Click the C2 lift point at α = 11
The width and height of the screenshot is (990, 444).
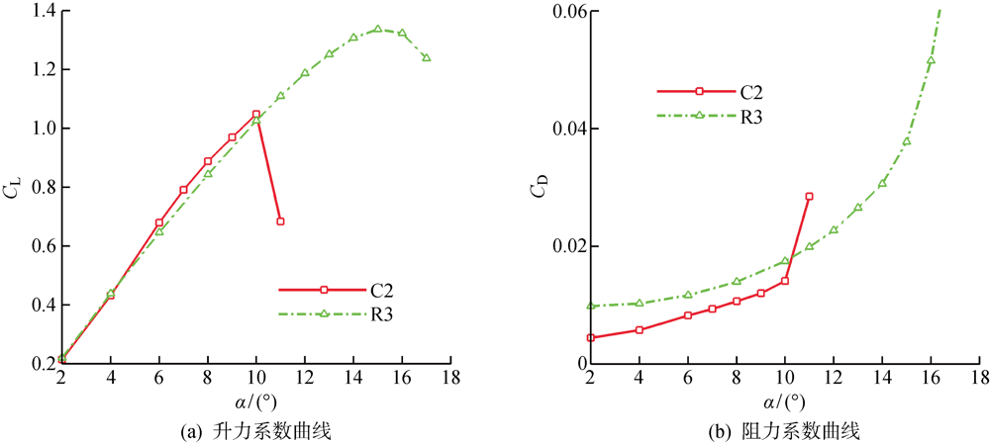(x=280, y=222)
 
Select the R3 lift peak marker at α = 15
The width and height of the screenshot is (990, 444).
(x=378, y=29)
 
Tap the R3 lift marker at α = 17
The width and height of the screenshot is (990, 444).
(x=427, y=57)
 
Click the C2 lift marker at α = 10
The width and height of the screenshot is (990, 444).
(x=256, y=114)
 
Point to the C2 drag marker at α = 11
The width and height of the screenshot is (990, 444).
(x=809, y=197)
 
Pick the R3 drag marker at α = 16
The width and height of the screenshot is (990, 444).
(x=931, y=60)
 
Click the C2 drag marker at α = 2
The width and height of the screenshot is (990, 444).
(x=591, y=338)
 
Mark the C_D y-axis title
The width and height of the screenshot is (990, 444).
(x=536, y=188)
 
